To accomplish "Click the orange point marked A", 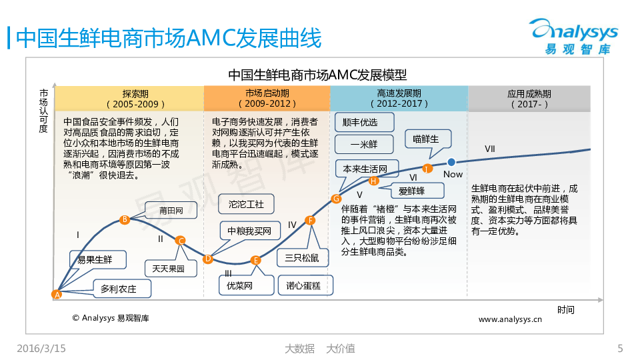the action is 57,294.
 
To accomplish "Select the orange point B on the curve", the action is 125,219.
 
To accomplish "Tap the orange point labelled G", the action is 336,199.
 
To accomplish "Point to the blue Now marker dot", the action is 451,162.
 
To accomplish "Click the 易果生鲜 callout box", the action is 98,259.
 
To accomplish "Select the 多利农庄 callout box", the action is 122,289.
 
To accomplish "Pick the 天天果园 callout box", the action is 171,269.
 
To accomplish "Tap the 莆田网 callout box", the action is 171,210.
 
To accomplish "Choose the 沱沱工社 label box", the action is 246,204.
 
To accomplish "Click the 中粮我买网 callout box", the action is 250,231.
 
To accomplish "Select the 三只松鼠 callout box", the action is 303,258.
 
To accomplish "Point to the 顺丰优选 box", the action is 365,122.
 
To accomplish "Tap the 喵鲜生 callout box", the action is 428,139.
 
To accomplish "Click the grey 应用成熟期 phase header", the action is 529,99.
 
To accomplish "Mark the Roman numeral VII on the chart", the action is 490,149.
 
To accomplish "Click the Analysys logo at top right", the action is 574,36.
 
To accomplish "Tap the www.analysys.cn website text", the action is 510,319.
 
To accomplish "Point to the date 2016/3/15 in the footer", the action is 41,349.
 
